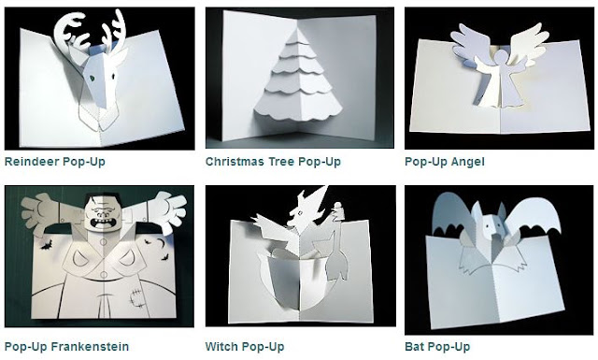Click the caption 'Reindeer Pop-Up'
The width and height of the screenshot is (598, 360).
click(x=54, y=162)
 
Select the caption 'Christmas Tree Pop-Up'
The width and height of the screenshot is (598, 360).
click(x=273, y=162)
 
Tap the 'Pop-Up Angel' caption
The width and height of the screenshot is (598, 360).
click(x=445, y=162)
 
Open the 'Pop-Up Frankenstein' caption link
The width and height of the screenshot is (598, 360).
click(x=66, y=347)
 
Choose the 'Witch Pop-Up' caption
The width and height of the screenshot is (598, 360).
click(x=245, y=347)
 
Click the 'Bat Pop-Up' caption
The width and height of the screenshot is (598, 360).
click(x=437, y=347)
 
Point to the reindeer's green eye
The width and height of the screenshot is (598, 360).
click(x=92, y=78)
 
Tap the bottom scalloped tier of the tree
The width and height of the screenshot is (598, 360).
click(x=297, y=106)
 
